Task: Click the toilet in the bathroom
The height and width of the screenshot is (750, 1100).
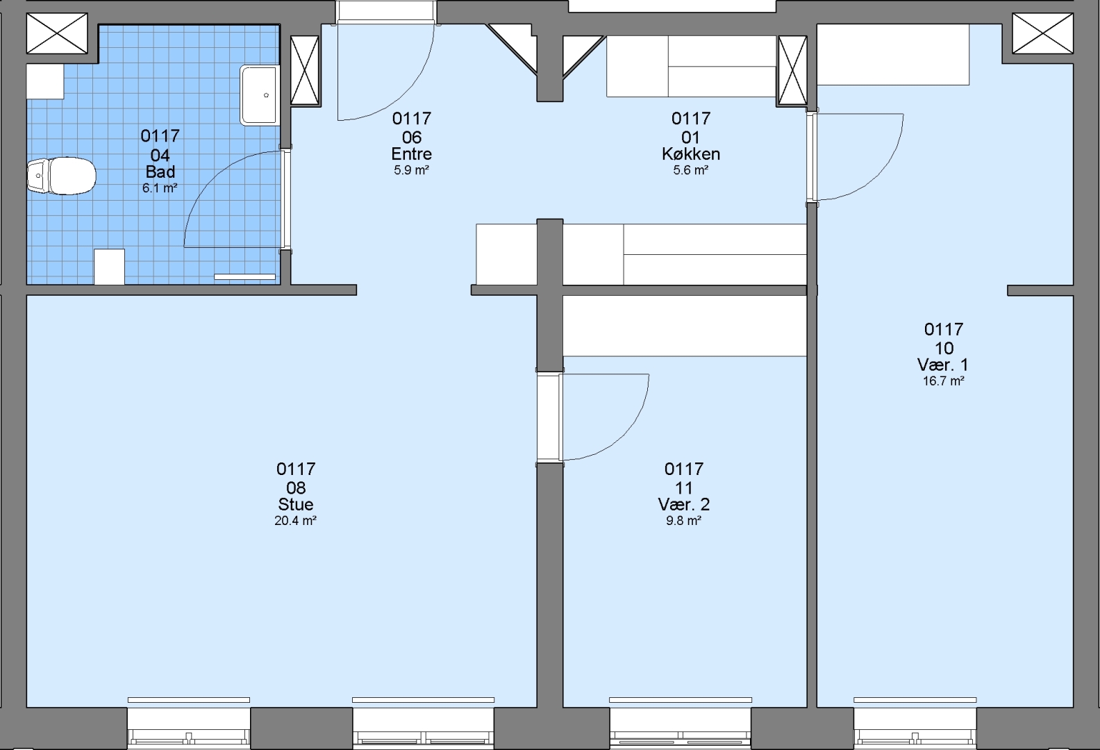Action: point(61,175)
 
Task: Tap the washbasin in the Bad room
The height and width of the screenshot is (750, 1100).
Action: point(259,95)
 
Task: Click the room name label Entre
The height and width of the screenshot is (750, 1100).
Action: point(412,154)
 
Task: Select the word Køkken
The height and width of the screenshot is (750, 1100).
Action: point(691,154)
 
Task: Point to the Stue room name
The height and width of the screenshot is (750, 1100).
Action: point(296,504)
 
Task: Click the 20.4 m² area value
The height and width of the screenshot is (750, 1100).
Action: point(296,521)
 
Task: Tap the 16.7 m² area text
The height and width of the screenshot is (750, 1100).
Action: point(944,381)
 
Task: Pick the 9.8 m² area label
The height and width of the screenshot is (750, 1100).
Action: point(683,521)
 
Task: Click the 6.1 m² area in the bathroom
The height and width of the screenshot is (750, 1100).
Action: point(160,188)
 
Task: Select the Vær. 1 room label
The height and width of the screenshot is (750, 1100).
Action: point(943,365)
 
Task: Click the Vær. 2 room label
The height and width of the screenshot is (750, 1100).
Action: point(683,504)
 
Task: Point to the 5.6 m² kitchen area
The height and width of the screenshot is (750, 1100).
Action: point(690,170)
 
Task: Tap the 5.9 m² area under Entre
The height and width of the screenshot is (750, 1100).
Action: point(412,170)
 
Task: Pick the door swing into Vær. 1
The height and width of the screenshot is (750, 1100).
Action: point(878,175)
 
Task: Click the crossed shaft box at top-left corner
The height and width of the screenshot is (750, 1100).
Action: point(57,33)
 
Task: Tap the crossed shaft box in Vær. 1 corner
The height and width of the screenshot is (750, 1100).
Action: point(1043,33)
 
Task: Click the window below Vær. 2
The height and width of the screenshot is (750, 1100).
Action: point(681,728)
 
